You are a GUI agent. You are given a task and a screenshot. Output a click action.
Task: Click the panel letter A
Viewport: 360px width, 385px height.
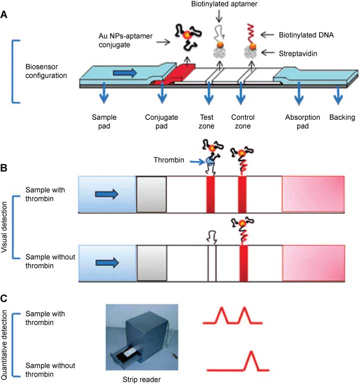pyautogui.click(x=4, y=15)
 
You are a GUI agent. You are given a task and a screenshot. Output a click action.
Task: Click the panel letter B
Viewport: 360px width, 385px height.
pyautogui.click(x=4, y=168)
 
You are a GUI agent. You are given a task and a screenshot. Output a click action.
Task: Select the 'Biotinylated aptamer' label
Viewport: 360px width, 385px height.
pyautogui.click(x=220, y=5)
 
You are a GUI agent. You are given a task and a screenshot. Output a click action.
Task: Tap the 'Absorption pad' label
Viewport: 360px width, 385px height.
pyautogui.click(x=299, y=122)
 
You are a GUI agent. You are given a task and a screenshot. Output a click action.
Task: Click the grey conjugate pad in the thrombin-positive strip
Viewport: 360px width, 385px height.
pyautogui.click(x=151, y=194)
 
